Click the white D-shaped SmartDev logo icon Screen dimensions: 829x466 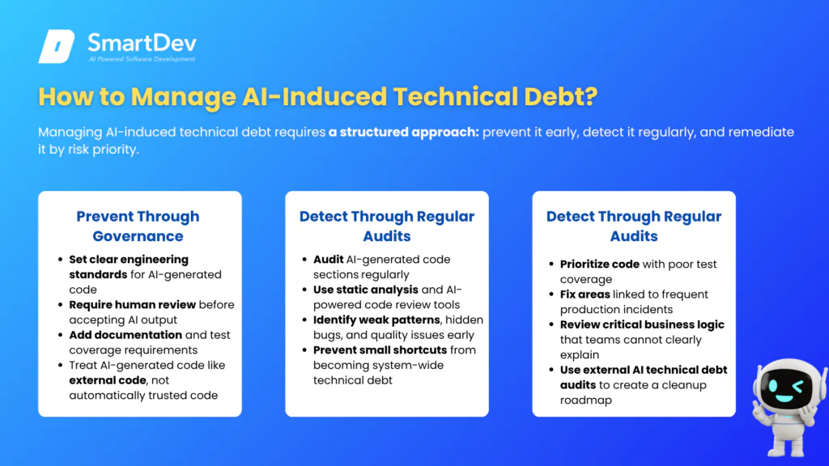(x=56, y=46)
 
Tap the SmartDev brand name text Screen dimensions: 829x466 (x=142, y=43)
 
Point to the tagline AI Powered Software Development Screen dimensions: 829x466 (x=142, y=59)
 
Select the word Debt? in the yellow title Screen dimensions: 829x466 (x=561, y=97)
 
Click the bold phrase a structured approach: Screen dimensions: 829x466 (x=403, y=132)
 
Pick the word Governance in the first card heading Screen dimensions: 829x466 (x=138, y=236)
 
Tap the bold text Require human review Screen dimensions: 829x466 (x=132, y=305)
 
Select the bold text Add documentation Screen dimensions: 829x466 (x=125, y=335)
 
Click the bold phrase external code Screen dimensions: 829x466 (x=108, y=380)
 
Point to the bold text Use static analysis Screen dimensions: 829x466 (x=365, y=290)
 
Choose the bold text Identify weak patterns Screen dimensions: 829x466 (x=376, y=320)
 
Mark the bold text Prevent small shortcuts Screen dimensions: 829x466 (x=380, y=350)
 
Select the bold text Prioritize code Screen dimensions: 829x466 (x=600, y=265)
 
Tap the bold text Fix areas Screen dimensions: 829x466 (x=585, y=294)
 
